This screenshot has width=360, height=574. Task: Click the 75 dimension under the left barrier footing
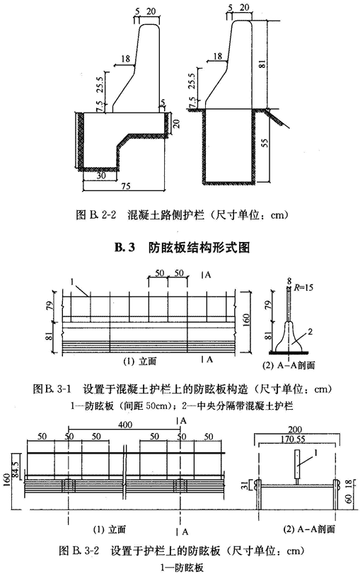tap(125, 186)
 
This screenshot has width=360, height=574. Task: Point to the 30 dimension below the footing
tap(101, 176)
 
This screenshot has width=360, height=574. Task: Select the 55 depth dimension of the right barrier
tap(266, 142)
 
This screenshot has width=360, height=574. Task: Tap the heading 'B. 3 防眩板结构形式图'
tap(182, 248)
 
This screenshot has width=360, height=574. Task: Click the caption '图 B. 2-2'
tap(96, 214)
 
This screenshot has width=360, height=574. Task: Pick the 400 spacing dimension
tap(125, 425)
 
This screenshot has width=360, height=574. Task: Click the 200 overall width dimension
tap(295, 430)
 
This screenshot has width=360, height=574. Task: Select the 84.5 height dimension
tap(16, 464)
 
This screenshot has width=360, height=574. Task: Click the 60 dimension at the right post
tap(349, 498)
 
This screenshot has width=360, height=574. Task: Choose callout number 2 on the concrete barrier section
tap(310, 332)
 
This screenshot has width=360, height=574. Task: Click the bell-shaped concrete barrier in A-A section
tap(289, 337)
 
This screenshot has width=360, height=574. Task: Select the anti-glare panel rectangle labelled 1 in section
tap(297, 464)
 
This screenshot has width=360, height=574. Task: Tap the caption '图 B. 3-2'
tap(79, 551)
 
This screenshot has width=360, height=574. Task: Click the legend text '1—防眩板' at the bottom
tap(182, 568)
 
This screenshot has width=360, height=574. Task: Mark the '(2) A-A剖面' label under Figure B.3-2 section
tap(309, 529)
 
